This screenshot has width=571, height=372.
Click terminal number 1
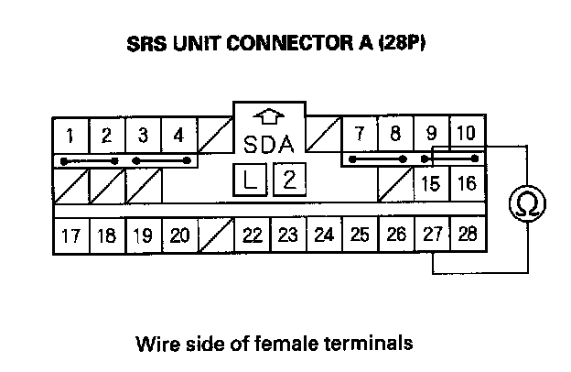70,136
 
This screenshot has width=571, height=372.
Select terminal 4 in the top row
178,136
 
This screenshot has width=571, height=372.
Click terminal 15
431,183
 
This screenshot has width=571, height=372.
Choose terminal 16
467,183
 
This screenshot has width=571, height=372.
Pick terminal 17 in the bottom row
70,235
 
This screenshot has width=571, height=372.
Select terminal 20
179,235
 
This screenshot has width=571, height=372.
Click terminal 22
253,235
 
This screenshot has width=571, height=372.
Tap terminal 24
324,235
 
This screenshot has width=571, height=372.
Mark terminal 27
432,235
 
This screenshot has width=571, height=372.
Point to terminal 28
467,235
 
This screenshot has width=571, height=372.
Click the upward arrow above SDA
270,117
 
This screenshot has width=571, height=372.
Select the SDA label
270,144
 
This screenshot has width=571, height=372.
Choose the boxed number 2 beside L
289,179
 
